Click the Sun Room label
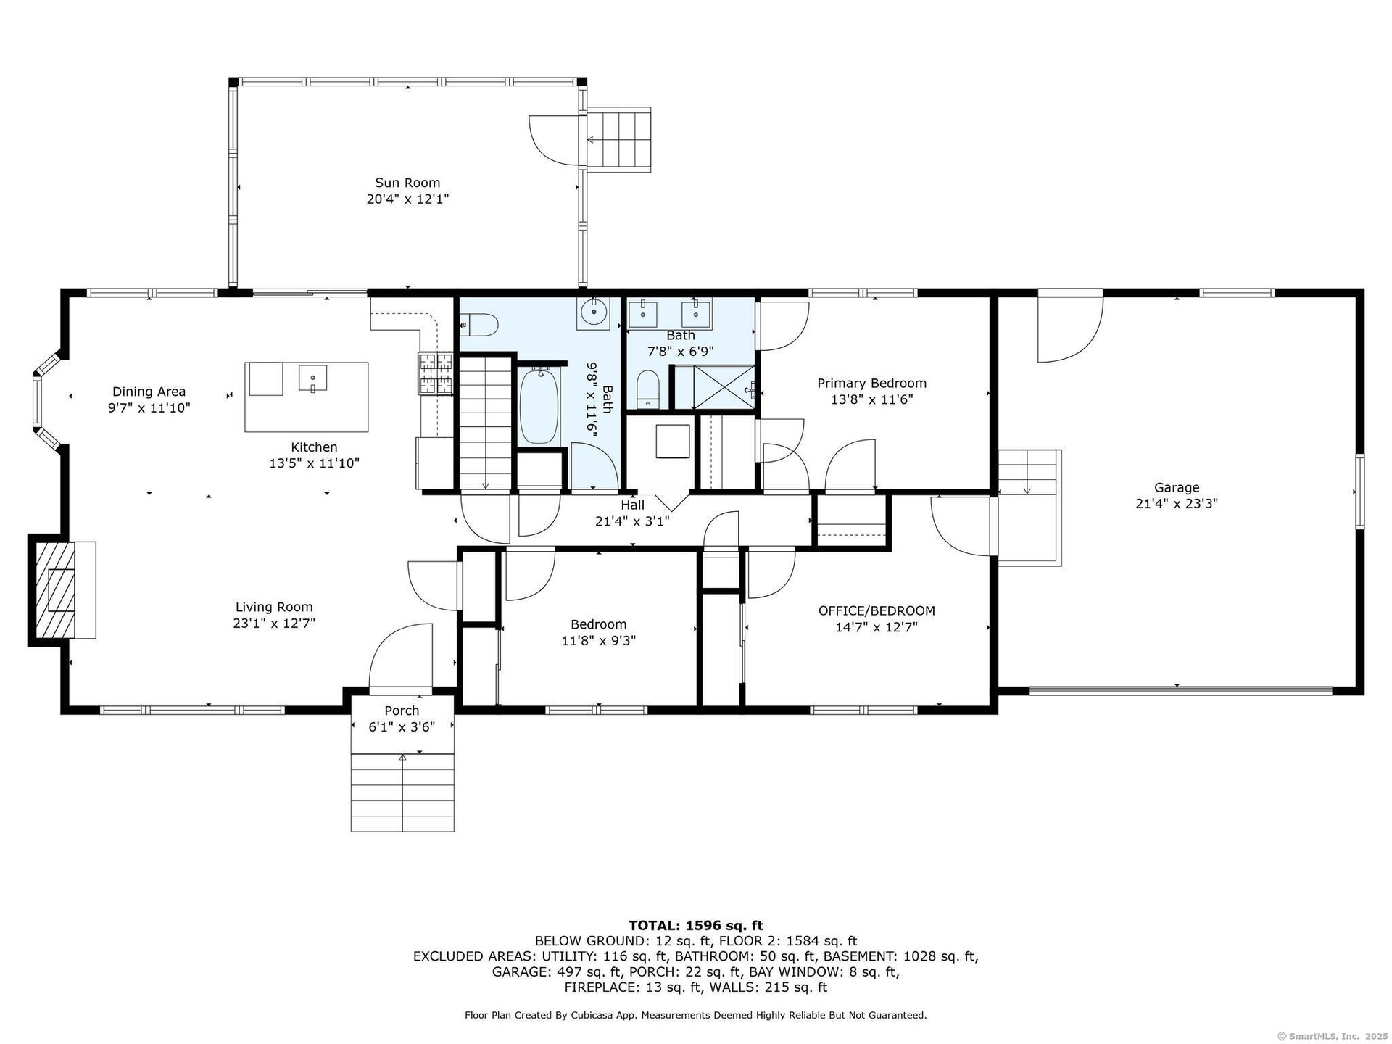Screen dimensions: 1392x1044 407,183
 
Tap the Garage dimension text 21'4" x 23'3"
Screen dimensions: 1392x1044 1177,503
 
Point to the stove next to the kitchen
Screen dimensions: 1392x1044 435,373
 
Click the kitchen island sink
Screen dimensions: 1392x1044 312,378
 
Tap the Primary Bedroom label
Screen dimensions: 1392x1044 871,384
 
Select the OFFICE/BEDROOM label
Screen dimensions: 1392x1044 877,611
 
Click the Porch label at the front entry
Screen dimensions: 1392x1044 402,710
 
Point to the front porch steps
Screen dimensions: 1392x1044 402,792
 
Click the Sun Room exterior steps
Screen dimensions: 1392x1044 618,139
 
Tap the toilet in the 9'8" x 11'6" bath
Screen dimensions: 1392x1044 478,325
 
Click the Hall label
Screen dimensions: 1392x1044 632,505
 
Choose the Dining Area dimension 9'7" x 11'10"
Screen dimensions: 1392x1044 149,408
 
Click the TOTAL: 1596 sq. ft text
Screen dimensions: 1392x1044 695,926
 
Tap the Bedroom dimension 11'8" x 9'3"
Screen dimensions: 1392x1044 599,641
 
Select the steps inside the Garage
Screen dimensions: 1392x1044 1029,507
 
